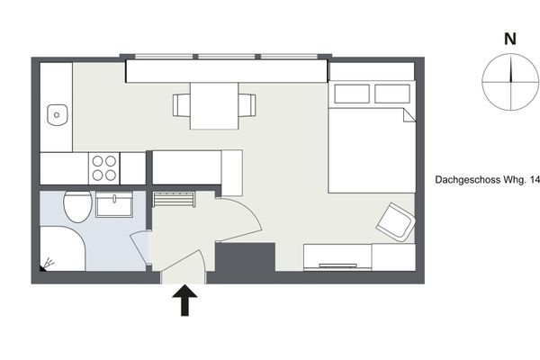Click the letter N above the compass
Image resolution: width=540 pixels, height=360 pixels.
(x=510, y=40)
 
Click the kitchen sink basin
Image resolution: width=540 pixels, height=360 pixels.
(x=58, y=114)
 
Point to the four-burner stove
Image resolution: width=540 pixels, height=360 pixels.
(x=104, y=167)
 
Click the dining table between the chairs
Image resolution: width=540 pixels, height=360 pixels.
(x=214, y=105)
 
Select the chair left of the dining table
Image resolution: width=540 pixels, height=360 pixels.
(x=182, y=106)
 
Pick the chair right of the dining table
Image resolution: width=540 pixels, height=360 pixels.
(x=247, y=106)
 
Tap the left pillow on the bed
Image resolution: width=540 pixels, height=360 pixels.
(x=349, y=94)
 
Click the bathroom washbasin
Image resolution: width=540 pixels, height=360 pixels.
(x=114, y=205)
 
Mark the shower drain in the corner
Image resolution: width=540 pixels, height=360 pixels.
(x=45, y=265)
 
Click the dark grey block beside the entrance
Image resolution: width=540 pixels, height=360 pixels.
(x=244, y=261)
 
